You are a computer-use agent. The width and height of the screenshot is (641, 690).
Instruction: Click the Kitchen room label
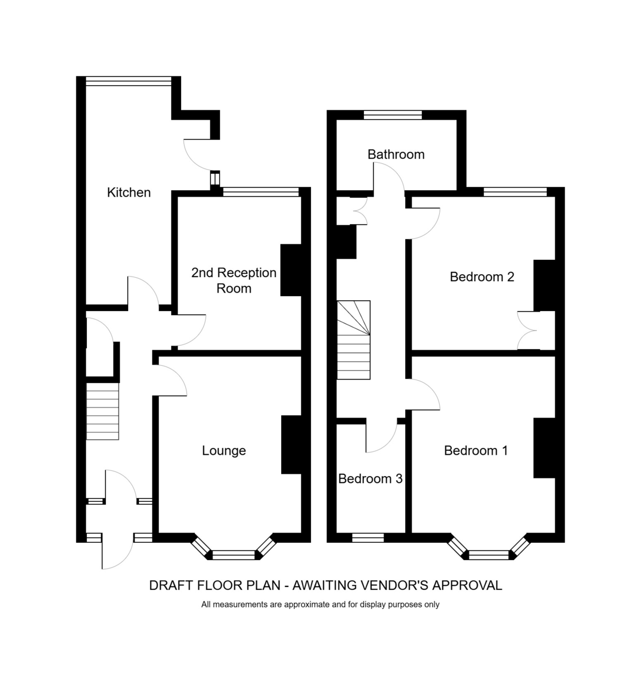click(129, 193)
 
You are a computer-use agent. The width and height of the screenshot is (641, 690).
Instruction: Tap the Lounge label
click(224, 451)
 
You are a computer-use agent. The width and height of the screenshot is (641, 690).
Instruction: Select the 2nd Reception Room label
click(234, 281)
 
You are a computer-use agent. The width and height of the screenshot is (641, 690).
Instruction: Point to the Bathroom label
click(396, 154)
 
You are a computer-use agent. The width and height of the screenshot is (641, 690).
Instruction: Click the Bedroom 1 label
click(476, 451)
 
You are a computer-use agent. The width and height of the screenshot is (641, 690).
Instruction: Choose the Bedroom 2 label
click(482, 277)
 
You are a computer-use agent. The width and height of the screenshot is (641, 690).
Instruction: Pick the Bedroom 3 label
click(370, 479)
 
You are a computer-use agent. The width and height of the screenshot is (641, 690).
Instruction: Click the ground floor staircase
click(102, 411)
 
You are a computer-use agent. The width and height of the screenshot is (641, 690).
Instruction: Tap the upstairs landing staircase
click(354, 340)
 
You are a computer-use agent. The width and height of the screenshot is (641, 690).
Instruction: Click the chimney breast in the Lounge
click(291, 444)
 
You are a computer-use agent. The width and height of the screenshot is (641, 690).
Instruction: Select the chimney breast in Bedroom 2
click(544, 286)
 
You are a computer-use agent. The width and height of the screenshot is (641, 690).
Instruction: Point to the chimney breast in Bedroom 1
click(544, 448)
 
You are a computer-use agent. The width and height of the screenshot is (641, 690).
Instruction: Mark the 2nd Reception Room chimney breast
click(291, 270)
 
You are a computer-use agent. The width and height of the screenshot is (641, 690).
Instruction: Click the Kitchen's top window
click(129, 81)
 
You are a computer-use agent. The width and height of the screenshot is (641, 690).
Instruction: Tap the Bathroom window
click(393, 115)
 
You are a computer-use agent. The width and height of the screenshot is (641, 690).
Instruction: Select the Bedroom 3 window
click(368, 538)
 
